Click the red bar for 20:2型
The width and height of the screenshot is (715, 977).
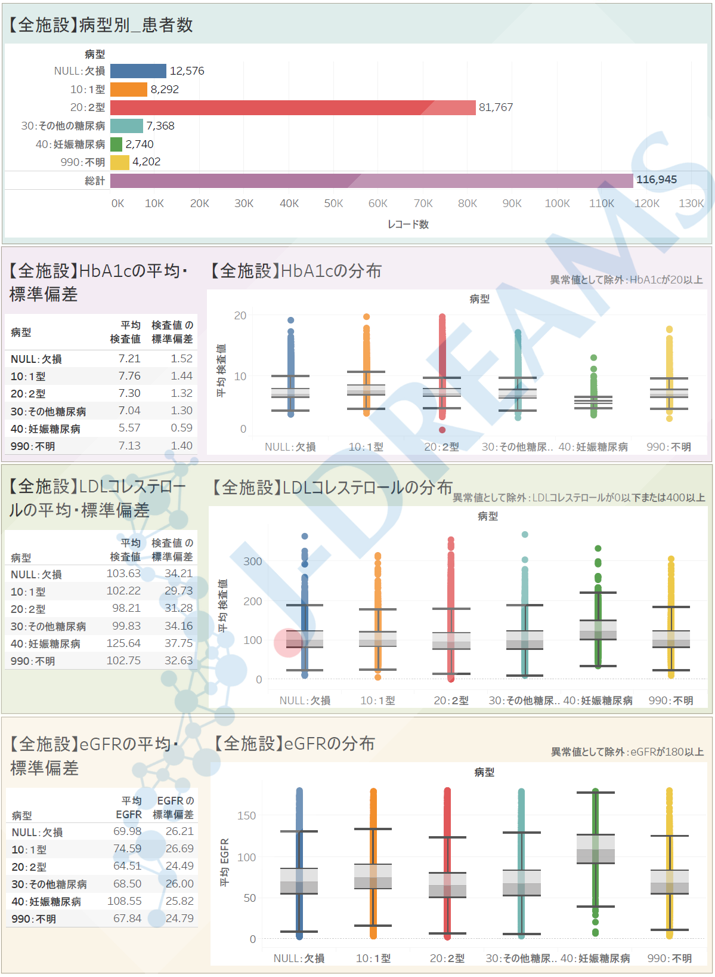(x=292, y=107)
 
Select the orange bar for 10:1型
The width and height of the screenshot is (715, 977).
(x=129, y=90)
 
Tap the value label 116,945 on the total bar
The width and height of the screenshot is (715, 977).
(x=657, y=180)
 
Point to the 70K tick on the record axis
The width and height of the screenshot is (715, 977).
(x=423, y=204)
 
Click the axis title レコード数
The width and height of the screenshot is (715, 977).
(x=408, y=224)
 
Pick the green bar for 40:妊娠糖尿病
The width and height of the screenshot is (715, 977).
(x=116, y=144)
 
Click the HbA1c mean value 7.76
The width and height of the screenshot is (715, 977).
(x=129, y=376)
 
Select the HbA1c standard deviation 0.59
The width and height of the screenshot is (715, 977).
(x=181, y=428)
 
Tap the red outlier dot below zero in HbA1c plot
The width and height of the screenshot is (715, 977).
(x=442, y=430)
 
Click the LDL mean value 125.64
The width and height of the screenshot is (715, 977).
(x=123, y=643)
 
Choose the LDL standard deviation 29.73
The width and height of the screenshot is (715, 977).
(x=179, y=591)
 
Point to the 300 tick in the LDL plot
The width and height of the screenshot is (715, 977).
(x=252, y=562)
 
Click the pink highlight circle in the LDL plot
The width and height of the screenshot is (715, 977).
(x=288, y=643)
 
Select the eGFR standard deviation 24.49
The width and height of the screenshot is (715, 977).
(x=179, y=866)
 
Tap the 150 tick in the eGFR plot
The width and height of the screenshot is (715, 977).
(x=246, y=816)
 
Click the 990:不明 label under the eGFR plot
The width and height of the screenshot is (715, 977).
(x=670, y=958)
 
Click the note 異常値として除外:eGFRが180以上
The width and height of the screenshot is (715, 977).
(x=627, y=752)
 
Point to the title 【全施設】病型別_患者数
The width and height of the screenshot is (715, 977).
(x=100, y=25)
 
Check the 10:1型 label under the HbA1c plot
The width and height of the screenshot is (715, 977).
(x=366, y=447)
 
